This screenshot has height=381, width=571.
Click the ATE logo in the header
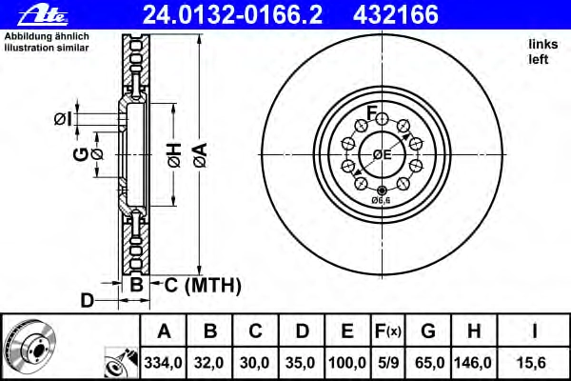pos(43,16)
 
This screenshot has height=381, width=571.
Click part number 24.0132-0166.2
pos(233,15)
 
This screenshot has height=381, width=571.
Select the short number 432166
pos(396,15)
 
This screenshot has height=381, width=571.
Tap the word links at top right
pos(543,44)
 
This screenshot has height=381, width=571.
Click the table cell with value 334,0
pos(163,363)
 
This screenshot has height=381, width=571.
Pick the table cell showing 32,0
pos(208,363)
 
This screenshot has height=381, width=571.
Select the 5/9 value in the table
pos(388,363)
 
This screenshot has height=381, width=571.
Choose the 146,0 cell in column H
pos(473,363)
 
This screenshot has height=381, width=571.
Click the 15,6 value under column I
pos(531,363)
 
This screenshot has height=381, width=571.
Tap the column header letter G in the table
pos(428,331)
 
